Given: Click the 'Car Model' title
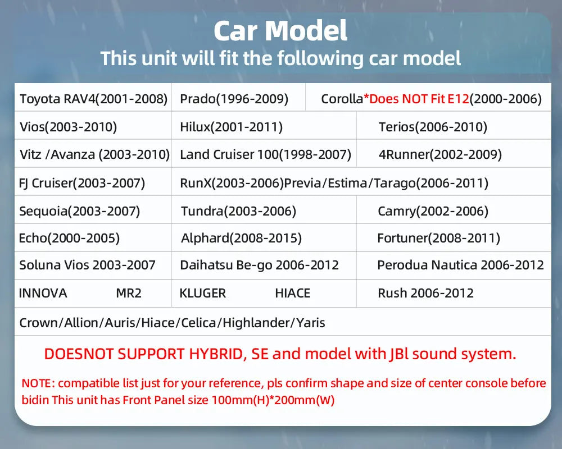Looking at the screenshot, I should (x=280, y=31).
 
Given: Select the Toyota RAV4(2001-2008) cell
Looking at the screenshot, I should (x=93, y=99).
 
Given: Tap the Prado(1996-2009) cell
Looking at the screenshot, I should (x=234, y=99).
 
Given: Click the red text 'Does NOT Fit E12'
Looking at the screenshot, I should (x=416, y=99).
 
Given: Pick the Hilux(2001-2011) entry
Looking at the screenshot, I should (x=231, y=127).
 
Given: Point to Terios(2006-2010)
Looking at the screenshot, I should (x=433, y=127).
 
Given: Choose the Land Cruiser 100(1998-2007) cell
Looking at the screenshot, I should (x=265, y=154).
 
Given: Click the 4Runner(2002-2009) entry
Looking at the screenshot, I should (x=440, y=154).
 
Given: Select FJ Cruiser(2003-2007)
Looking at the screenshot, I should (x=82, y=183).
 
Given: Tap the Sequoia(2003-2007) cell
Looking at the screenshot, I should (x=79, y=212).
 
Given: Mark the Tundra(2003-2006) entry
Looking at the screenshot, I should (x=238, y=212).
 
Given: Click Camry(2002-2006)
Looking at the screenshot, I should (x=433, y=212).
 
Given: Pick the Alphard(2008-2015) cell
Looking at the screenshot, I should (x=241, y=238).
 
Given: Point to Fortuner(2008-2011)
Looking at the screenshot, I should (x=438, y=238).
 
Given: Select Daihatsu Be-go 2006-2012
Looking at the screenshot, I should (x=259, y=265).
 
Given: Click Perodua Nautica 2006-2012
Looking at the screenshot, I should (x=460, y=265).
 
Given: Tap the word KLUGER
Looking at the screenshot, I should (x=202, y=293).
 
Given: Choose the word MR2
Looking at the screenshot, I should (x=128, y=293).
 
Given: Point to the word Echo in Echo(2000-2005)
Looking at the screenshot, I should (x=31, y=238).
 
